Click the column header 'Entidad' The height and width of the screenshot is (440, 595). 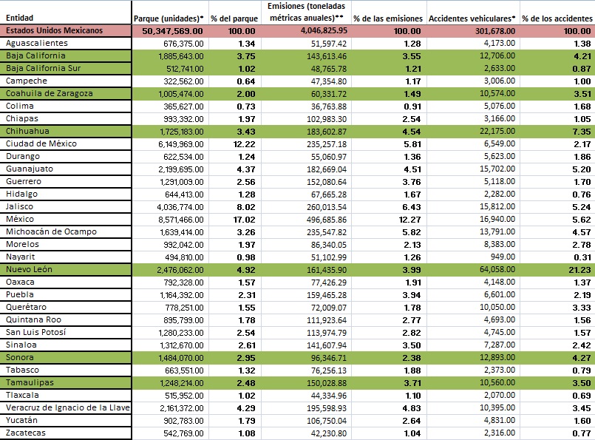[x=19, y=18]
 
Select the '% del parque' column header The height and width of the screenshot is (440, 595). [x=234, y=18]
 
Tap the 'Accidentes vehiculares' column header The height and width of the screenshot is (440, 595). [x=472, y=18]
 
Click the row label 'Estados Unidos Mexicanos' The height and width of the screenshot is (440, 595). [x=54, y=30]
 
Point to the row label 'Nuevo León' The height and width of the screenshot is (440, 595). [x=29, y=269]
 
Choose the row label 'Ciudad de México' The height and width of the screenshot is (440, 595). [x=41, y=144]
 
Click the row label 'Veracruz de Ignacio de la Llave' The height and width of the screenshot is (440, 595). [x=67, y=408]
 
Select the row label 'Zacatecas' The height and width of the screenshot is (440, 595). [x=25, y=433]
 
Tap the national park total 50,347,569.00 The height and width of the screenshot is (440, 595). [x=172, y=31]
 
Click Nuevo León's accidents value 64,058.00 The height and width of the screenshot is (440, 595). [x=497, y=269]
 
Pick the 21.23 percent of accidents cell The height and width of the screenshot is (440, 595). [x=579, y=270]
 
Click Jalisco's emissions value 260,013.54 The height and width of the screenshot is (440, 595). [x=327, y=207]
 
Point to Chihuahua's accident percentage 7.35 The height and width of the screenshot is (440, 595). [x=582, y=132]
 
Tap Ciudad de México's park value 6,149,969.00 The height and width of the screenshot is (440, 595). [x=180, y=144]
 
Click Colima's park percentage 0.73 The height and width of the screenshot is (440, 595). [x=246, y=106]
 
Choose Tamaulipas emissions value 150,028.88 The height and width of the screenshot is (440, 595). [x=327, y=383]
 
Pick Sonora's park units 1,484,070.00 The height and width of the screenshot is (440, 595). [x=181, y=358]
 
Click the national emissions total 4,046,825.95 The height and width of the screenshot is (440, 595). [x=324, y=30]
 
